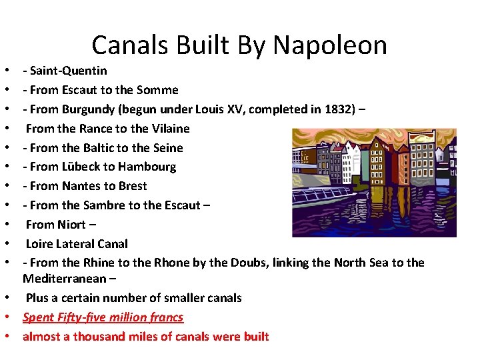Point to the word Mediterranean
click(61, 278)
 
